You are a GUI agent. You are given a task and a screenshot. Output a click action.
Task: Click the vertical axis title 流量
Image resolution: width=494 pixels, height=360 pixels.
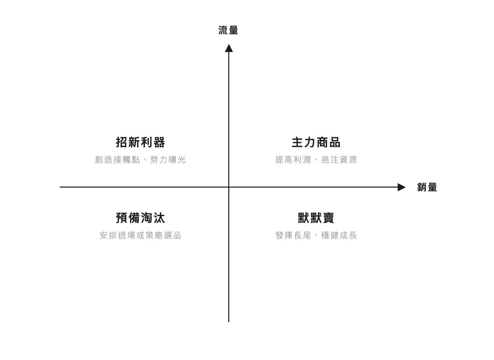(228, 30)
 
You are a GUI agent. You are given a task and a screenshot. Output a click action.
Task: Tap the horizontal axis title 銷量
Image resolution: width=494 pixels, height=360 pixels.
(427, 187)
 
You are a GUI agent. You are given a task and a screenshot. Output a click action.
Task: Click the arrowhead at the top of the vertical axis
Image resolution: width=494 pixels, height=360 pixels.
(229, 48)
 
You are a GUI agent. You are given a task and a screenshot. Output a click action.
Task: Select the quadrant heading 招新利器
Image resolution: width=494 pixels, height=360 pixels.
(140, 142)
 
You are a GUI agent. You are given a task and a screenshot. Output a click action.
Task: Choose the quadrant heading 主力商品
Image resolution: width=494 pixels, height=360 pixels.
(316, 142)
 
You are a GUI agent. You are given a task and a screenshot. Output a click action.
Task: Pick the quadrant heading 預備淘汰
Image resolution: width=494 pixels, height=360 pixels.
(140, 218)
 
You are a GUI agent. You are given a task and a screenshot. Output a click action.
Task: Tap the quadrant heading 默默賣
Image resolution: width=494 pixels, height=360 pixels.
(316, 218)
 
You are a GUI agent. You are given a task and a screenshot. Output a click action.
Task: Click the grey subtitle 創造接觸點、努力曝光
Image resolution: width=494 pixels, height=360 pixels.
(140, 160)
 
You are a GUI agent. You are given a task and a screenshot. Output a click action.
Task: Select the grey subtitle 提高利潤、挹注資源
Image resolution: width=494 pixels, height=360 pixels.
(316, 160)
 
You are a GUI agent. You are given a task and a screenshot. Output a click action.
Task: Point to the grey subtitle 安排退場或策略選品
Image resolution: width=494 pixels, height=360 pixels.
(140, 235)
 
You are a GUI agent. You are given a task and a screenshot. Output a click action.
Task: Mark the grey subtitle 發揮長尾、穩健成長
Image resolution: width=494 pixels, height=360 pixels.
(316, 235)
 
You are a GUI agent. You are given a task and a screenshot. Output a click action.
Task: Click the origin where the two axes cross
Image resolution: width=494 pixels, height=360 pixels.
(229, 187)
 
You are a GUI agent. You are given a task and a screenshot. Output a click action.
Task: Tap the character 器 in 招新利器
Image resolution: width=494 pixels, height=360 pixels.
(159, 142)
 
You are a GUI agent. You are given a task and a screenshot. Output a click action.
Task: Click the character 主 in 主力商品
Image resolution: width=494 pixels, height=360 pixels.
(297, 142)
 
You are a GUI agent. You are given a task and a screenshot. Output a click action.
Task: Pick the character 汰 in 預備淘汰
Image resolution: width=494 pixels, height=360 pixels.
(159, 218)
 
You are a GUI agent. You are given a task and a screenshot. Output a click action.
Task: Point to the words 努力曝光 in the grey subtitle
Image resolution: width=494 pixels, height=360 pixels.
(168, 160)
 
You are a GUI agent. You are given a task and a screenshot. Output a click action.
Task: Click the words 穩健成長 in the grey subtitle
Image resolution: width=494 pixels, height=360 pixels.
(339, 235)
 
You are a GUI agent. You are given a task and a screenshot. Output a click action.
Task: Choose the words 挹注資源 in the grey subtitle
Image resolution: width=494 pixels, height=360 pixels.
(339, 160)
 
